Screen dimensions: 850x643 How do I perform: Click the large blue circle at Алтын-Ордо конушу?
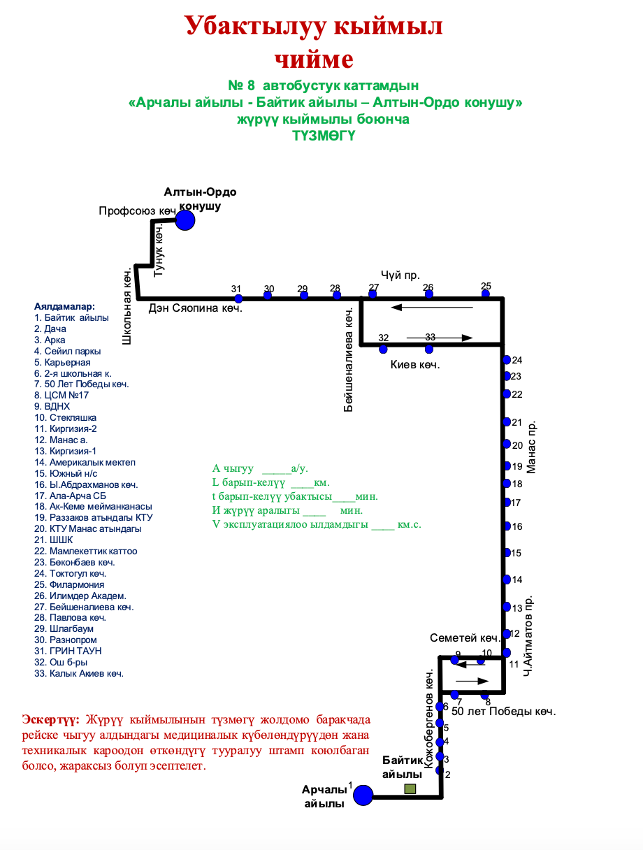[x=185, y=221]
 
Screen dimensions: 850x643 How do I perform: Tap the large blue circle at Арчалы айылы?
[x=363, y=795]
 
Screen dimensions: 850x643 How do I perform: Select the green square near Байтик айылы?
[x=410, y=789]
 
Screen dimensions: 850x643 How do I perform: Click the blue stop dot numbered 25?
[x=486, y=294]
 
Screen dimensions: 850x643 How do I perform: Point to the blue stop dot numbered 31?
[x=238, y=298]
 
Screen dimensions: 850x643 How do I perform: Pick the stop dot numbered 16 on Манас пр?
[x=507, y=526]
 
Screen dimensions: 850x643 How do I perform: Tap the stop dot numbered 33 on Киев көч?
[x=429, y=348]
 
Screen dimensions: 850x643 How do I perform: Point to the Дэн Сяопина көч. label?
[x=195, y=308]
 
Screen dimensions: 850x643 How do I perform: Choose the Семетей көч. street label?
[x=465, y=637]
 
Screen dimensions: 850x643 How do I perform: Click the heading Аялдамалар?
[x=64, y=306]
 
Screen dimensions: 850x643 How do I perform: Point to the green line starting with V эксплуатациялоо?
[x=317, y=524]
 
